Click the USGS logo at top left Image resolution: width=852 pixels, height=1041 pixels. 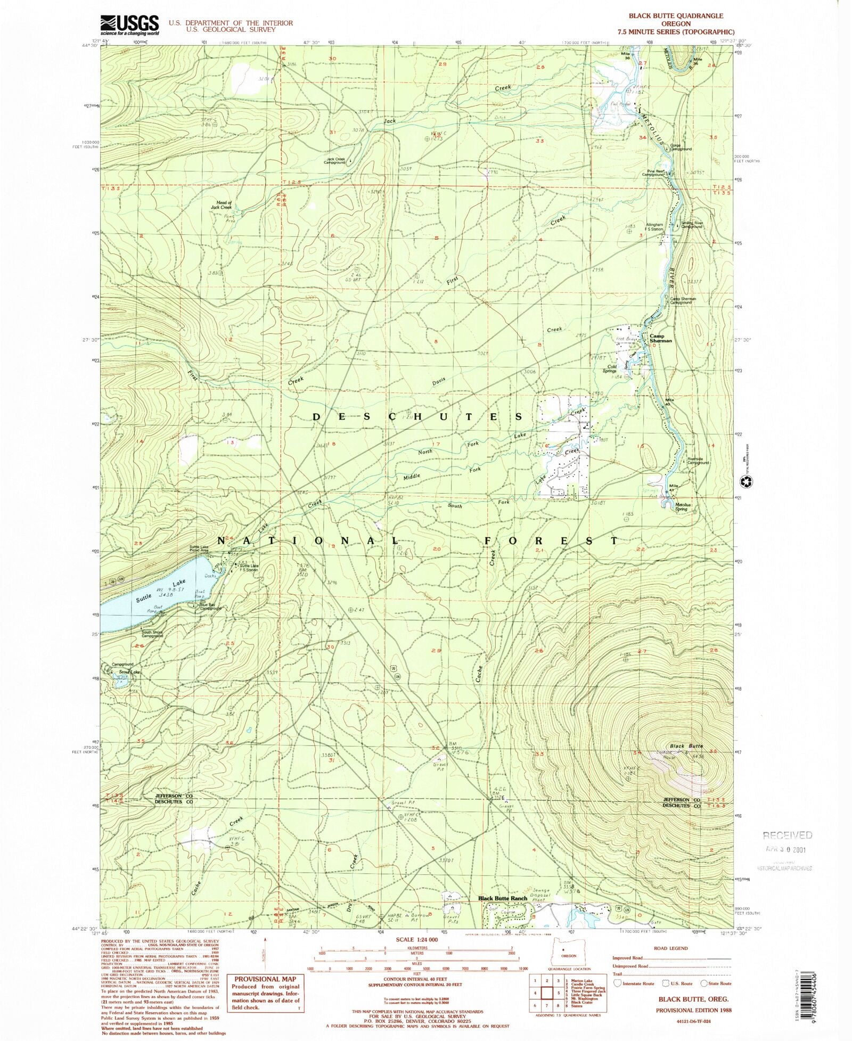129,24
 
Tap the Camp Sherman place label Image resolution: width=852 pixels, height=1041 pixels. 660,338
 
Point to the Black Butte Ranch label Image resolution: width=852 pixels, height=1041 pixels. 502,898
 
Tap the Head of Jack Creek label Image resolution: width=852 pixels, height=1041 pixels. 221,205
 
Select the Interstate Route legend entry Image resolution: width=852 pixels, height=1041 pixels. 634,983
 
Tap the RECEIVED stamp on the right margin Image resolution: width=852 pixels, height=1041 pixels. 787,835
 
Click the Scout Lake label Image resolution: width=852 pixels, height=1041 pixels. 129,672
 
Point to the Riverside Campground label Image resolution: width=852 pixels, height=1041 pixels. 698,461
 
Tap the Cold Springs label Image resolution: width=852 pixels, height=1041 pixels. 612,368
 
